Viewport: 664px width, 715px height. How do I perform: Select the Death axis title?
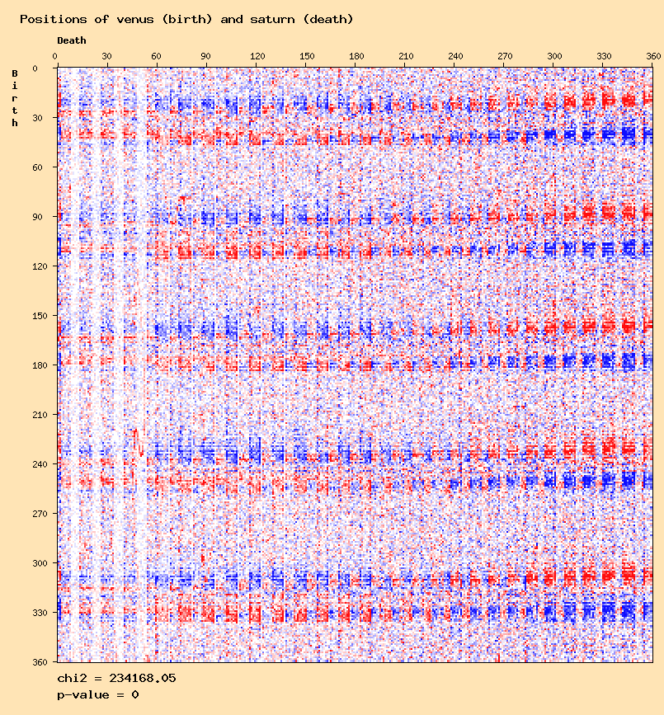[x=72, y=40]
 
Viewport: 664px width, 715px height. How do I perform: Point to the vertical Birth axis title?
[x=15, y=98]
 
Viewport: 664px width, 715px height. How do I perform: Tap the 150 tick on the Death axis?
[x=307, y=56]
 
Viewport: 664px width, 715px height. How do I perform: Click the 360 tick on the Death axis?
[x=653, y=56]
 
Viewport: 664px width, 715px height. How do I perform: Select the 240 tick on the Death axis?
[x=455, y=56]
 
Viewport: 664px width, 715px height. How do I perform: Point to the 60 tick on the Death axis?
[x=157, y=56]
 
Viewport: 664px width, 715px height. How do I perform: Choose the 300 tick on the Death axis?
[x=554, y=56]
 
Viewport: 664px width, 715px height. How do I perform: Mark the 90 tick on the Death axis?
[x=206, y=56]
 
